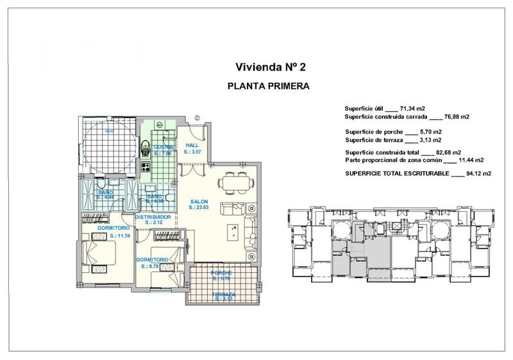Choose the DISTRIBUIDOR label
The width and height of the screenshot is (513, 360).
click(152, 218)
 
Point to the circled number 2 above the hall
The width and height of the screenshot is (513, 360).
click(198, 117)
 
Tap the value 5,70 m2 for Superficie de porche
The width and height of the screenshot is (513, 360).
click(429, 131)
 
